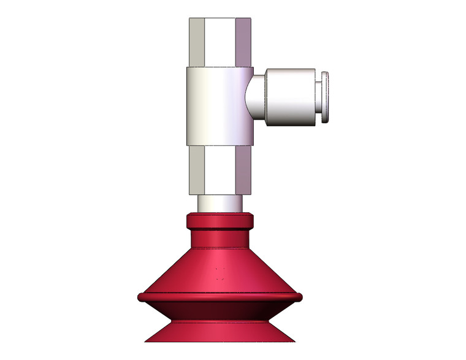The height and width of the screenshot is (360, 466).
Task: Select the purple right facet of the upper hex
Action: (x=244, y=42)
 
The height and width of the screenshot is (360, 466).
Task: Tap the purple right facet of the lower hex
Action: (x=243, y=169)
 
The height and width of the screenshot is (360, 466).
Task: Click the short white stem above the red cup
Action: (x=220, y=203)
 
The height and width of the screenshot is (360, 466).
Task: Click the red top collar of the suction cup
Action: (x=220, y=221)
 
